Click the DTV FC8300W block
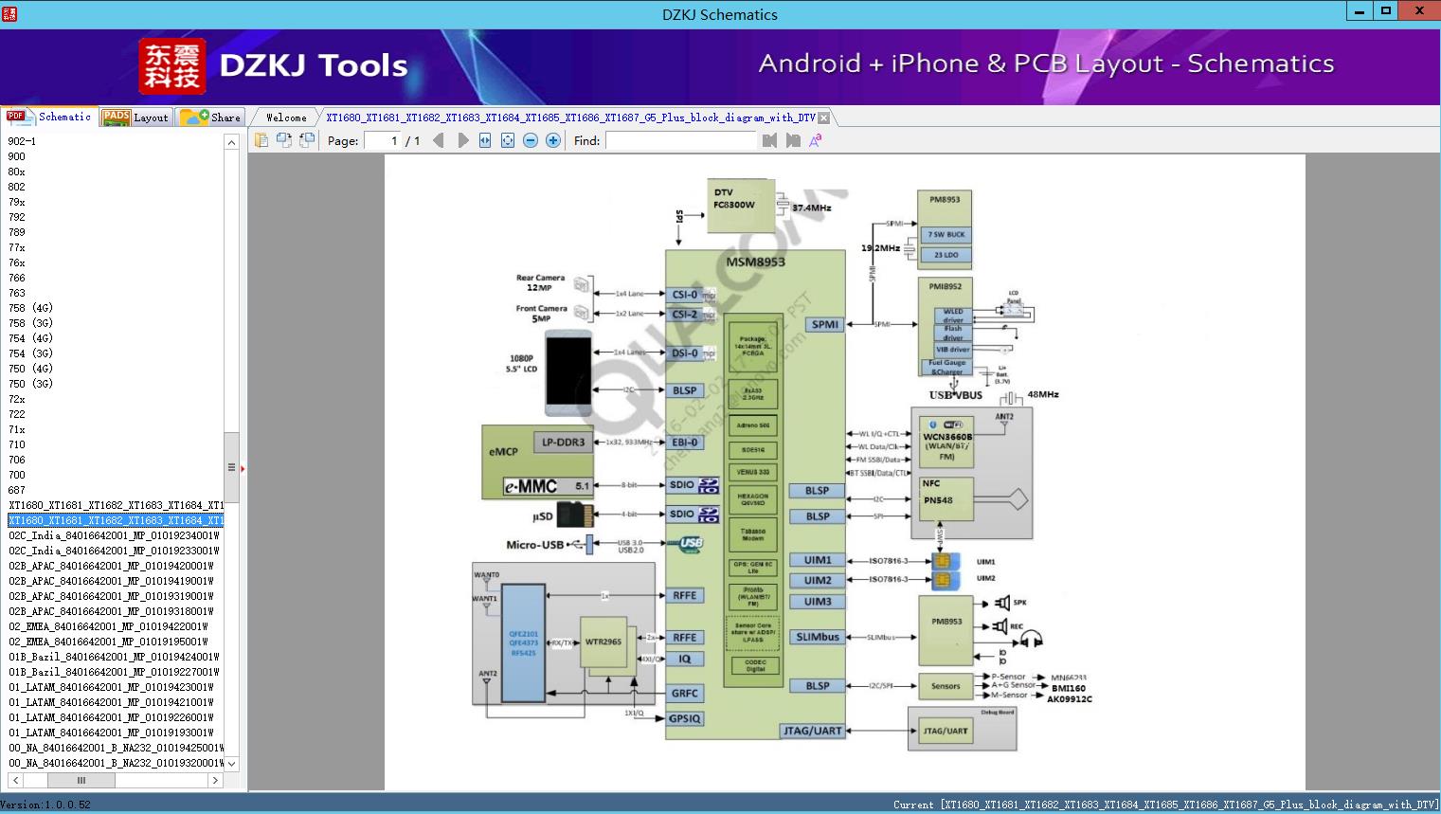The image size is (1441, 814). pos(740,205)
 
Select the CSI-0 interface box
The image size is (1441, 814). pos(685,295)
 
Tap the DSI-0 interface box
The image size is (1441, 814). pos(685,353)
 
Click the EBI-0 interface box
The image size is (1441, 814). pos(685,443)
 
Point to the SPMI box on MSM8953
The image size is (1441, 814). pos(825,324)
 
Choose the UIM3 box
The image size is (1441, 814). pos(818,602)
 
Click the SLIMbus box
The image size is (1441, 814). pos(818,637)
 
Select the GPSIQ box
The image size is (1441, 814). pos(685,718)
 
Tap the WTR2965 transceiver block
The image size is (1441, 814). pos(603,642)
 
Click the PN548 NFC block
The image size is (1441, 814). pos(946,499)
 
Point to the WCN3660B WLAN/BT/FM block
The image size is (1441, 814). pos(947,442)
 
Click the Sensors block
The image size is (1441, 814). pos(946,686)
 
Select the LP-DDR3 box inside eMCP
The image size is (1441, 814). pos(564,443)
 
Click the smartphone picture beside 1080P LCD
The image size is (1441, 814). pos(568,372)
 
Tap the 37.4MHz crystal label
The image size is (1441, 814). pos(812,208)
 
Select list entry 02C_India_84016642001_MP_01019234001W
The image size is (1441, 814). pos(114,535)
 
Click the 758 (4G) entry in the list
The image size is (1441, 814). pos(30,308)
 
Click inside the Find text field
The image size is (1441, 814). pos(681,140)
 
